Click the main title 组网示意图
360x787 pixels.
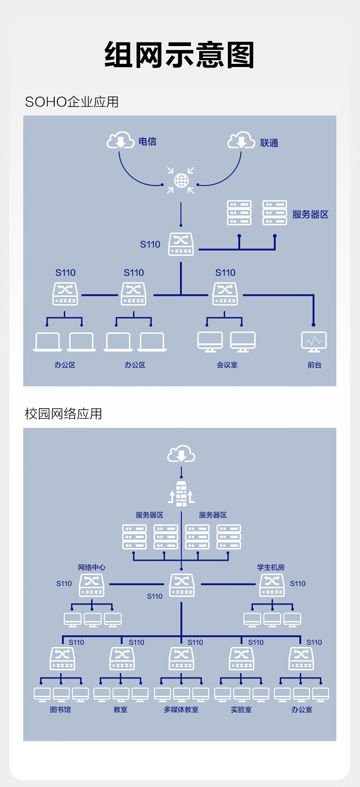180,55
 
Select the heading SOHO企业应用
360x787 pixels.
72,102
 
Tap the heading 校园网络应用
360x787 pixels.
63,414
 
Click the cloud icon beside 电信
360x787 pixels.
120,140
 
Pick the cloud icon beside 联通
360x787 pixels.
241,140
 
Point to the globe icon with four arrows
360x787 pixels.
181,181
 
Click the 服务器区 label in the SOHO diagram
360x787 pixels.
310,214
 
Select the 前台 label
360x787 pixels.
314,365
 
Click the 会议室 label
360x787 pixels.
227,365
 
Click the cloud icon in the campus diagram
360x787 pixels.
181,454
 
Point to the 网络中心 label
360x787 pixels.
92,567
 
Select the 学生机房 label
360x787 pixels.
271,567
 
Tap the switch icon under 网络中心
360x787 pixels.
92,585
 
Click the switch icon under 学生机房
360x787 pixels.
272,585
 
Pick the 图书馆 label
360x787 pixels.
61,709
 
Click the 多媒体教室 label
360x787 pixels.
181,709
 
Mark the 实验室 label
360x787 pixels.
241,709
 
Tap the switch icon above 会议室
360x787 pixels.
225,294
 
